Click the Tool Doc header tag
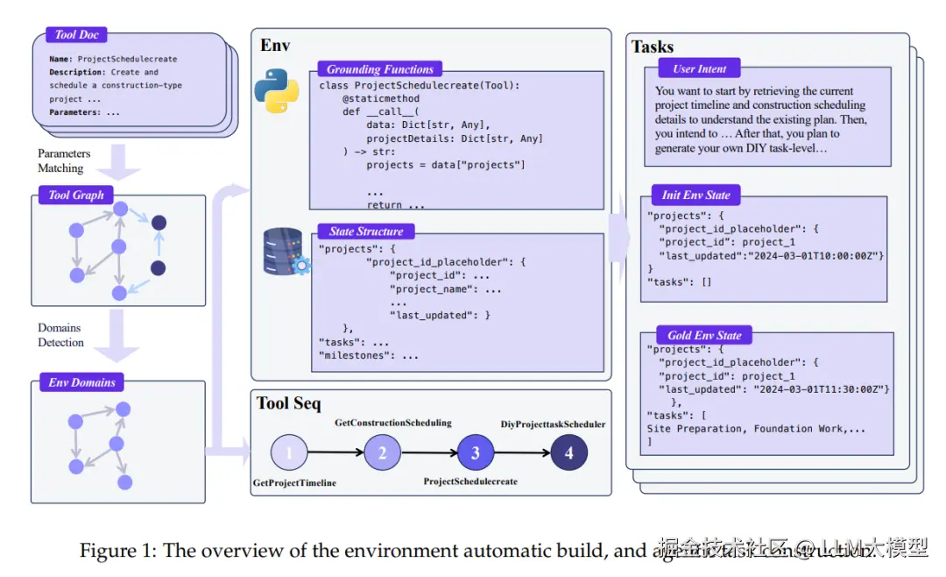[77, 34]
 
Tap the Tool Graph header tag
[76, 195]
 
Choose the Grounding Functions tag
[380, 69]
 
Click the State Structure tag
[366, 232]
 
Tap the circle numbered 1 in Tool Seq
[290, 453]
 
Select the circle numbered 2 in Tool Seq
[383, 453]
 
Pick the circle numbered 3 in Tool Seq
[476, 453]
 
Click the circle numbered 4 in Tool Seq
[569, 453]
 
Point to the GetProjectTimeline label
[294, 483]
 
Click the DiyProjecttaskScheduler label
[553, 424]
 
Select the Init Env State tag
[696, 195]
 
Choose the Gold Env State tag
[704, 335]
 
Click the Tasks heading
[653, 46]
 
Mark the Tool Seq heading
[289, 403]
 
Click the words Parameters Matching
[63, 160]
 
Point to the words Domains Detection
[60, 335]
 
